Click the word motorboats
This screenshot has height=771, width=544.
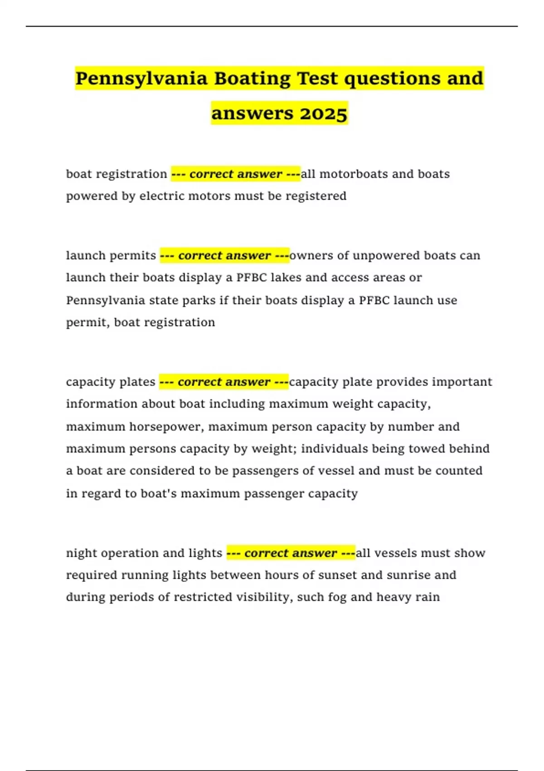[354, 174]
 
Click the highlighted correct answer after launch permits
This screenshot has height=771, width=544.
[224, 255]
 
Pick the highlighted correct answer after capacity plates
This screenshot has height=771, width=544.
[224, 382]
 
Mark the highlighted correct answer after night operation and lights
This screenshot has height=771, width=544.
[291, 553]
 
